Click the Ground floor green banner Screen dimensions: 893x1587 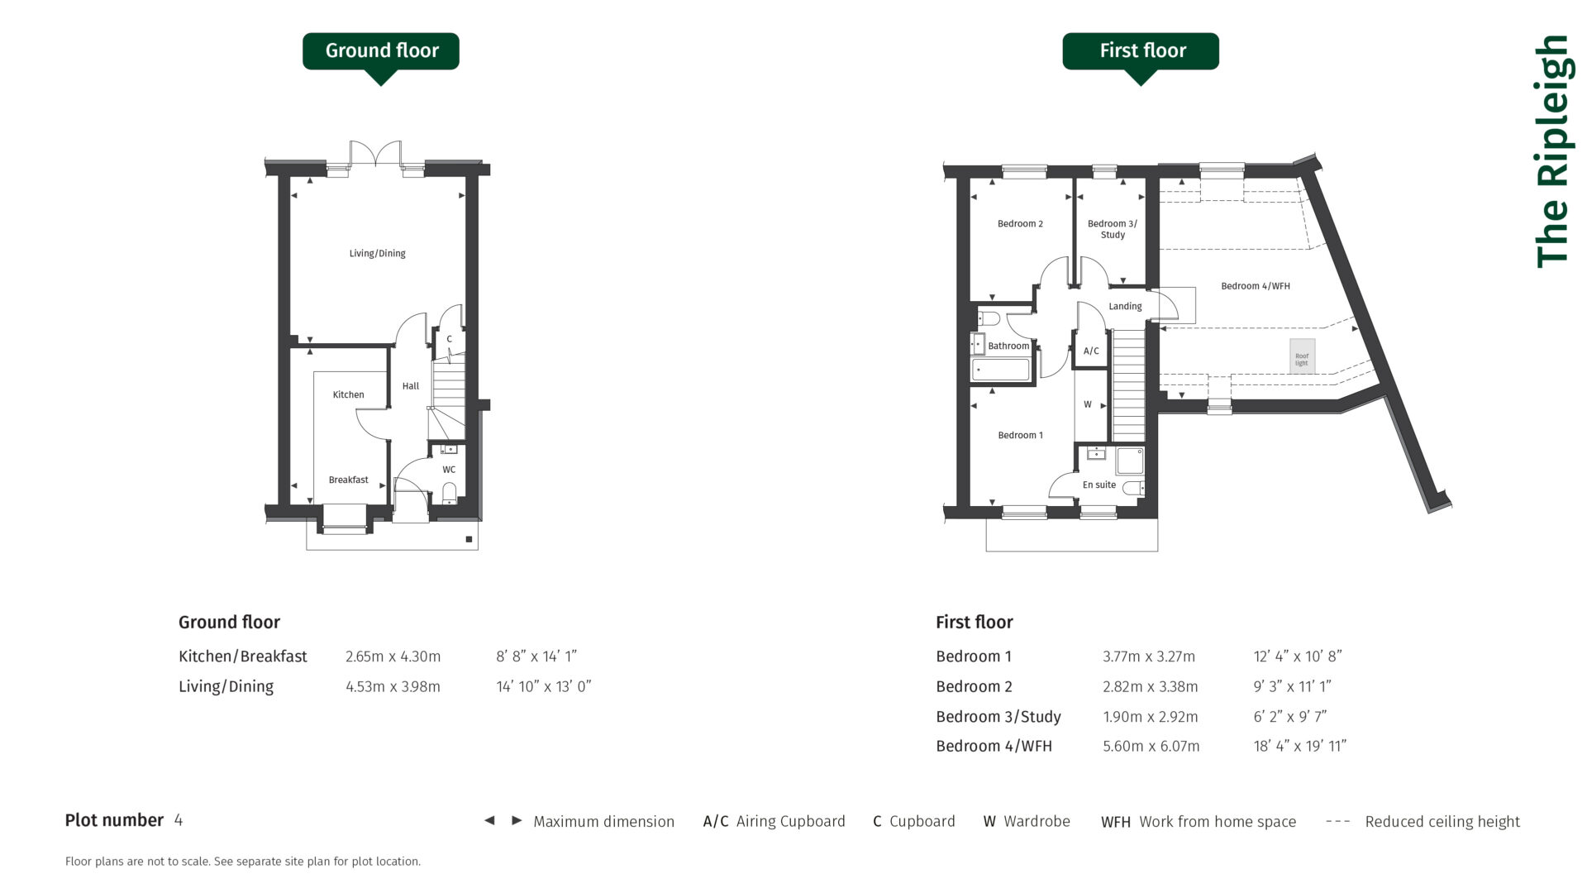[381, 51]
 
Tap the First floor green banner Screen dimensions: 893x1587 [1141, 51]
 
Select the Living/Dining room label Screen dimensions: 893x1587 [377, 254]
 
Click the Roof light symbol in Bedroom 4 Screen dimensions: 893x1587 [1302, 356]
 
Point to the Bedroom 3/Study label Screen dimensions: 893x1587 [1112, 229]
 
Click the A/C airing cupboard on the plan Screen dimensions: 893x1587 [1091, 351]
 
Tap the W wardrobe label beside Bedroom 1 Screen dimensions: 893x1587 [1088, 404]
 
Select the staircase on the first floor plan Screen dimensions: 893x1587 [1128, 384]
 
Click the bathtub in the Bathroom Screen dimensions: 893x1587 [1001, 370]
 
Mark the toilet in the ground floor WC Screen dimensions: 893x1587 [449, 494]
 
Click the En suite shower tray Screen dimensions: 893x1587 [1129, 461]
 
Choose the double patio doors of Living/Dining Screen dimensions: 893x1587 [375, 155]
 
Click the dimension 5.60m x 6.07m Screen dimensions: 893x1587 [1151, 746]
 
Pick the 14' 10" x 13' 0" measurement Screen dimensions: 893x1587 [543, 686]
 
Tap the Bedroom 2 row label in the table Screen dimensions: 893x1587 [974, 686]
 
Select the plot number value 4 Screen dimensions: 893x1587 [179, 820]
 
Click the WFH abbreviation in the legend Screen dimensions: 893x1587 [1115, 822]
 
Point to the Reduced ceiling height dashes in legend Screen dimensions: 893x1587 [1337, 821]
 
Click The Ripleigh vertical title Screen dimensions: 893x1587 [1552, 151]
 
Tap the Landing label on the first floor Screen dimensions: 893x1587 [1125, 306]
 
